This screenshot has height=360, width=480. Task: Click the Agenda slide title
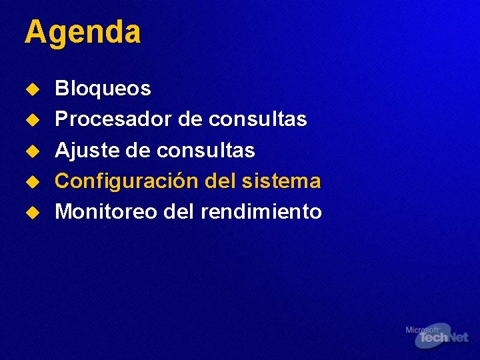tap(83, 32)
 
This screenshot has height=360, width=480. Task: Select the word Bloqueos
tap(103, 88)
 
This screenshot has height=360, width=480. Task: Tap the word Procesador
tap(114, 119)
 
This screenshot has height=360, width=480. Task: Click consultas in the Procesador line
tap(257, 119)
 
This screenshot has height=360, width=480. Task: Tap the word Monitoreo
tap(106, 212)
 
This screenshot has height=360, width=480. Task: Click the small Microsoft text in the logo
tap(422, 329)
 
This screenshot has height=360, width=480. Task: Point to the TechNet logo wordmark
tap(442, 338)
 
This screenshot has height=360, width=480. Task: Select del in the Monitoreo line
tap(177, 212)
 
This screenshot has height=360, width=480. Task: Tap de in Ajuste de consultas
tap(138, 151)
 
